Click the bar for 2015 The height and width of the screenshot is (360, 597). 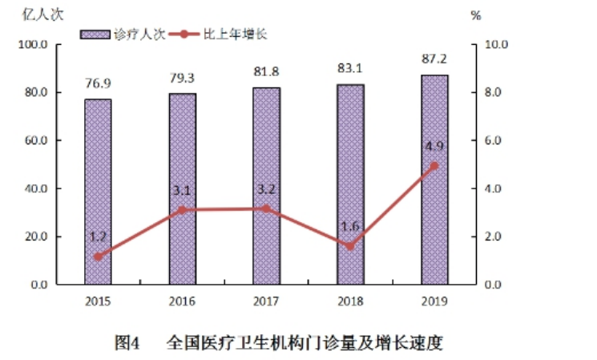(x=98, y=192)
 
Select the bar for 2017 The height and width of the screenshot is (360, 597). (x=266, y=186)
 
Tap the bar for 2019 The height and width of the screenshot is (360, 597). (x=434, y=180)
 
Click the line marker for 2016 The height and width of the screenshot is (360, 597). (x=182, y=210)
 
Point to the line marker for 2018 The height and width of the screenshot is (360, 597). (x=350, y=246)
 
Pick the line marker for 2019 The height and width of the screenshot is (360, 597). (x=434, y=166)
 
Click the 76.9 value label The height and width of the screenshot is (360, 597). (x=98, y=83)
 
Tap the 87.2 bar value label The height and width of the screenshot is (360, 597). (x=434, y=60)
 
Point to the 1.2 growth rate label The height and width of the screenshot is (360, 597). (x=98, y=237)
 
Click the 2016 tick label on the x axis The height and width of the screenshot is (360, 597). (x=182, y=301)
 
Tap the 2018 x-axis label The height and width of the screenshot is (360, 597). (x=350, y=301)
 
